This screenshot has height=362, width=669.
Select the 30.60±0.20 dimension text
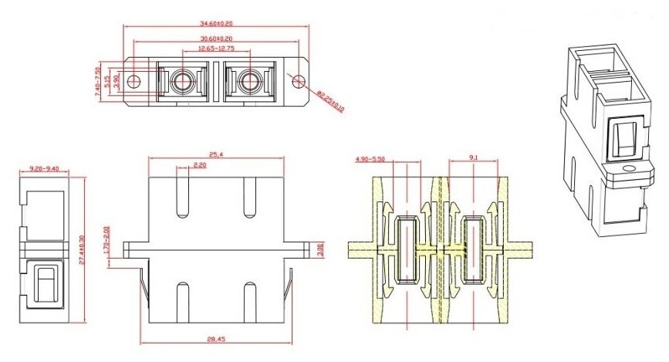[217, 39]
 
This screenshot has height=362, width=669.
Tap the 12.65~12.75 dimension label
[217, 48]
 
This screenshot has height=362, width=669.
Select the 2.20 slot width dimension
[199, 165]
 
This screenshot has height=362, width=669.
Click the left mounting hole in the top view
[136, 80]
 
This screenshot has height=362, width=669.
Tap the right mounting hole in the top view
[298, 79]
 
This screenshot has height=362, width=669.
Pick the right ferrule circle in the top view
[249, 80]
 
